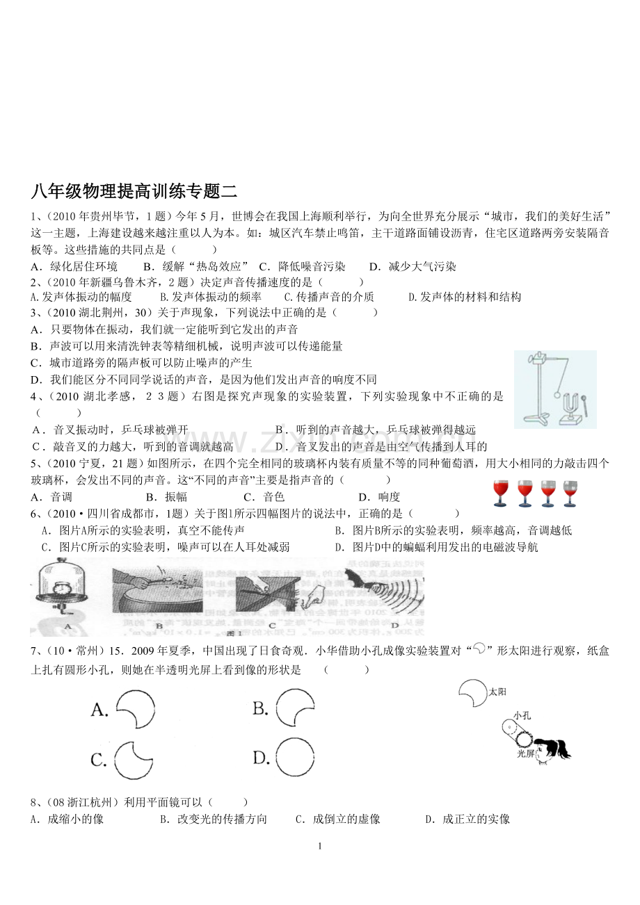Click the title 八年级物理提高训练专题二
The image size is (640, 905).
coord(134,192)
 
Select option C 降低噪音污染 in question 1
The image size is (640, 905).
coord(303,267)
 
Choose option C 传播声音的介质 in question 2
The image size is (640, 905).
coord(329,297)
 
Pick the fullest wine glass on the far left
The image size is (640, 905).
coord(500,494)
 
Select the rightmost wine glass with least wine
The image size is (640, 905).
coord(570,494)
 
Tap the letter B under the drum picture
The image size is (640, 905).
coord(159,626)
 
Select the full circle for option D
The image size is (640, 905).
coord(295,758)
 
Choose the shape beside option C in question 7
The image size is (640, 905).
coord(134,760)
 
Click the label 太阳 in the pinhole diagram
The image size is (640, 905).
coord(497,692)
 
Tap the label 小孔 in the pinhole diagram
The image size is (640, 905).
coord(522,716)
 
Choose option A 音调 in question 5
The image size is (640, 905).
coord(51,497)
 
